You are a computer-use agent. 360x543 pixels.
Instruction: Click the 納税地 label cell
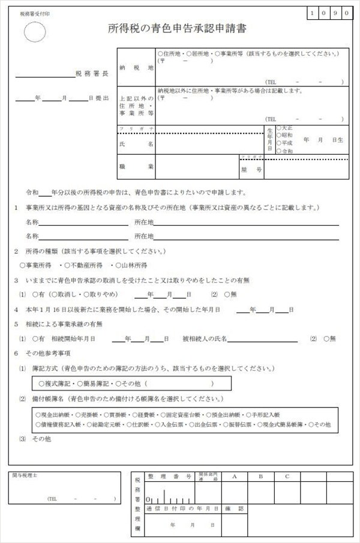point(137,68)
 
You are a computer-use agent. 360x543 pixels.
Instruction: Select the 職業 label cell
point(137,166)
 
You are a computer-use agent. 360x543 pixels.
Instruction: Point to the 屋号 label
point(251,170)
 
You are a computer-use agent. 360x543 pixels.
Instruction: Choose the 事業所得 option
point(37,265)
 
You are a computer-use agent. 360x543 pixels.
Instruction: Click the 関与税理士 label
point(25,475)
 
